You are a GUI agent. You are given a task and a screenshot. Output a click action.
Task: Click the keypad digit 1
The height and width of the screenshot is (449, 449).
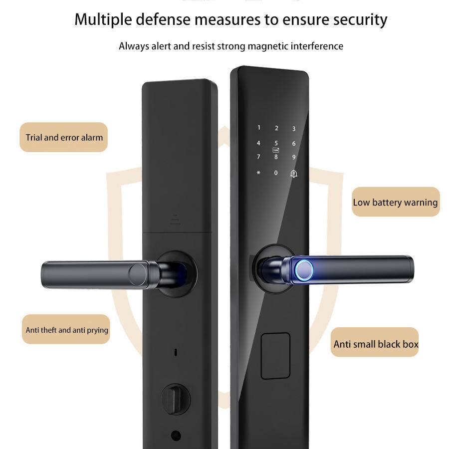258,128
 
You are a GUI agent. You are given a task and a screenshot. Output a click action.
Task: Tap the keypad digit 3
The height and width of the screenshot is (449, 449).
294,129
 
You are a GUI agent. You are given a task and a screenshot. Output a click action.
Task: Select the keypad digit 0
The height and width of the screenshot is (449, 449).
276,173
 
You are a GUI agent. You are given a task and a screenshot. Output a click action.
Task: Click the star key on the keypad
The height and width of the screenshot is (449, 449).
258,173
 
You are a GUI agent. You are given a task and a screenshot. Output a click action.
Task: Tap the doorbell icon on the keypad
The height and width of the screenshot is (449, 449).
293,174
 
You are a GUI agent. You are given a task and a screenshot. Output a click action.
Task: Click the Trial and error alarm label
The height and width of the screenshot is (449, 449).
64,137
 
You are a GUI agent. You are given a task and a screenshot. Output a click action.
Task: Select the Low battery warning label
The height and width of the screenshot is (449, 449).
395,202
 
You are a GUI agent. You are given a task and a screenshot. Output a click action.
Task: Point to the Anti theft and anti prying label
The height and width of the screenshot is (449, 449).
66,330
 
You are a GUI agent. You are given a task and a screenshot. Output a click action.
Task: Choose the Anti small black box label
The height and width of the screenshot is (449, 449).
375,344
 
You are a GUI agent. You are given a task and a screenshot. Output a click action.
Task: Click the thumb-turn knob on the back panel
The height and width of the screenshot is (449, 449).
175,399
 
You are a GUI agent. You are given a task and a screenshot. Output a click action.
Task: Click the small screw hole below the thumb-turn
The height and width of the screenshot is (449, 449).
175,435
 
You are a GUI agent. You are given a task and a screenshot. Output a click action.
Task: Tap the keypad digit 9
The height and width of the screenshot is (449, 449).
294,157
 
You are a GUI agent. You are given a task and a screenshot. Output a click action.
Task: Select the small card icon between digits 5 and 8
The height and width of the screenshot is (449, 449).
276,150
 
